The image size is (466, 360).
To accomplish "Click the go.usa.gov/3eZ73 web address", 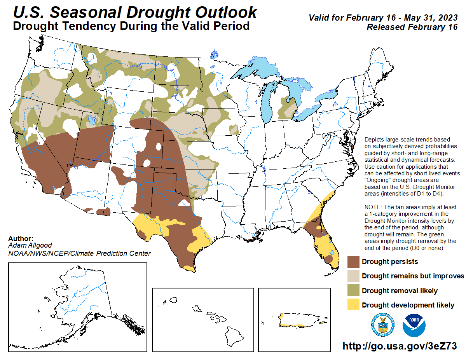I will [399, 346].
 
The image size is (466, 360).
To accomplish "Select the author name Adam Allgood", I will [30, 246].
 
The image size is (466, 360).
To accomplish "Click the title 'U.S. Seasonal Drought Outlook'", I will [135, 12].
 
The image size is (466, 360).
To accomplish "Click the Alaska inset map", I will [78, 307].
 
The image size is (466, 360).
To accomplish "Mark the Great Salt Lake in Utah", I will [92, 119].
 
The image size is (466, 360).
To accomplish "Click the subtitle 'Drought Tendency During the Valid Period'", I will [131, 26].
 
